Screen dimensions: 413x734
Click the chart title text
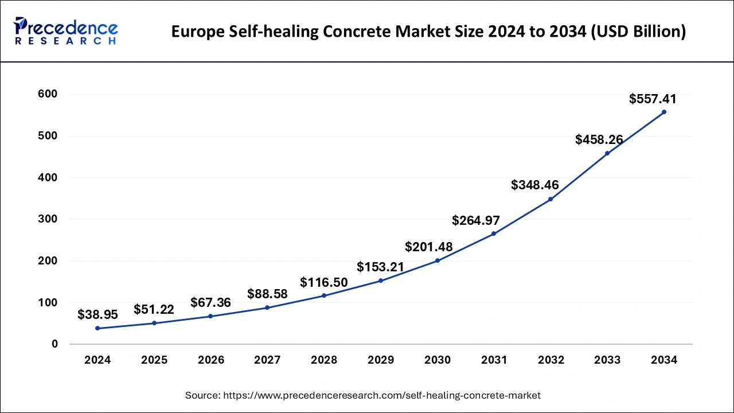428,32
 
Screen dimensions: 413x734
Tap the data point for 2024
97,328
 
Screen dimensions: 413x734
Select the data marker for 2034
664,112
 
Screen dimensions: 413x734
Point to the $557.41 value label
653,99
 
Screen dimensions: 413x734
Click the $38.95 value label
97,315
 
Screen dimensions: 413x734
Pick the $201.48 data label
428,247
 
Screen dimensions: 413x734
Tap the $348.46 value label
534,185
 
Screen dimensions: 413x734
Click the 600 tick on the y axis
48,94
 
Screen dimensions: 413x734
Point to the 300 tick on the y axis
48,219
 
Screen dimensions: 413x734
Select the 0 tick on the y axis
54,344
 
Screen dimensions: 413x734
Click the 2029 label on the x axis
381,360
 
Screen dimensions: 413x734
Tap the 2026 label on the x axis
210,360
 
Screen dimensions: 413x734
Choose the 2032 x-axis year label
550,360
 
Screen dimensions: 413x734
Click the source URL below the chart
362,395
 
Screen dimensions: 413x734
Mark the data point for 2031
494,233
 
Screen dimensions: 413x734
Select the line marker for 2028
324,295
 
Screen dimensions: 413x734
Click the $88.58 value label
267,294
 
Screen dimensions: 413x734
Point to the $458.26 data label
599,139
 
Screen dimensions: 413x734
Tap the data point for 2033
607,153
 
